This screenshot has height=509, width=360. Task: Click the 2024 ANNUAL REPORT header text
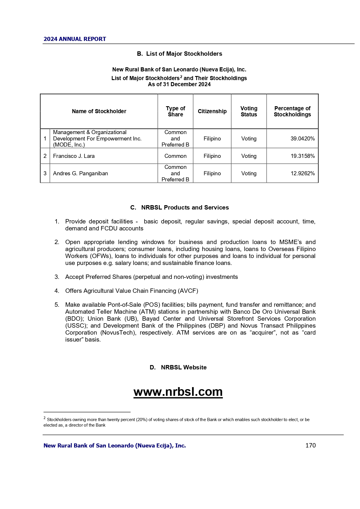(75, 39)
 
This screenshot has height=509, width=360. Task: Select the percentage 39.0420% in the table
(303, 139)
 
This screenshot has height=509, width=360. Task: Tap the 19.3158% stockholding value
(303, 156)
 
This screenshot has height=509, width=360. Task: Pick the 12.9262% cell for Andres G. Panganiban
(303, 174)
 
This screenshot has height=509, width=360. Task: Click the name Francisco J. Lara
(74, 156)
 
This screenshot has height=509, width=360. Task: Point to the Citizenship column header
(212, 111)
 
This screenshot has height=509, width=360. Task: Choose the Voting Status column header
(249, 111)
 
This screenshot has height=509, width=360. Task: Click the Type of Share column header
(176, 111)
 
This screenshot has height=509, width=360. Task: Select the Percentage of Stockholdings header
(292, 111)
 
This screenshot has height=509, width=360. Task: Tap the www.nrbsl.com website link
(178, 392)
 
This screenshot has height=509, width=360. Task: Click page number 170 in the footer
(310, 445)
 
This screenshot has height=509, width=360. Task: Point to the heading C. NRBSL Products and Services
(180, 207)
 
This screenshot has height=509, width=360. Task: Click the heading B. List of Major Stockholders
(180, 54)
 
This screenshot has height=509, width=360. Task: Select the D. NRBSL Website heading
(178, 367)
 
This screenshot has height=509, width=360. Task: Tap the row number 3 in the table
(45, 174)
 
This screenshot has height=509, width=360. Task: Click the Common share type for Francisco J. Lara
(176, 156)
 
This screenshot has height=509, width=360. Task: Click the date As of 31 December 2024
(179, 84)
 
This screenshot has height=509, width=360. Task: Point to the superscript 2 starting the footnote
(44, 418)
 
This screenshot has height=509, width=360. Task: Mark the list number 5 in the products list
(57, 305)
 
